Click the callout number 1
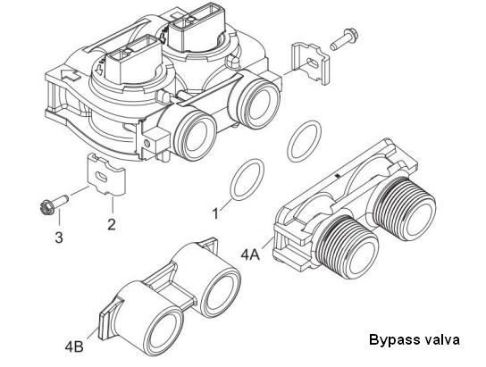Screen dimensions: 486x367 215,213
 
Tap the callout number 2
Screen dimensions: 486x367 112,224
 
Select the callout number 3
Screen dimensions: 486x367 59,238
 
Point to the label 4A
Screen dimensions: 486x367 250,254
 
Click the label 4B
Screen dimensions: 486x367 74,346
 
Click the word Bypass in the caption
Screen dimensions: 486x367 392,339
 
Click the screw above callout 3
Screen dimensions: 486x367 54,204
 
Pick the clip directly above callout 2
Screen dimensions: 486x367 105,175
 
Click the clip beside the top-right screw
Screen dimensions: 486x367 310,63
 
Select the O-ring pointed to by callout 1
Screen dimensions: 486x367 247,179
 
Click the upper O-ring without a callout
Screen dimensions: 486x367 304,141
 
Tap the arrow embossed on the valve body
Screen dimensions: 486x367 71,75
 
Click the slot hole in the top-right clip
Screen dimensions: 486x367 313,64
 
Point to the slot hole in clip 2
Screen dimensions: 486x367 102,177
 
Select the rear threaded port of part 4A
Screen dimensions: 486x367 405,208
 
